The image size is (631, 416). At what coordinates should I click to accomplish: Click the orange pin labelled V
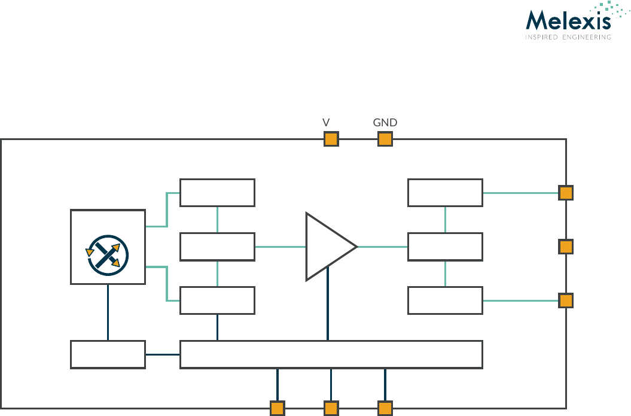(331, 139)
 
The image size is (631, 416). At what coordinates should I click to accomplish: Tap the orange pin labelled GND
(385, 139)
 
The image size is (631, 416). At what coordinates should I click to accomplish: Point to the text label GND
(385, 123)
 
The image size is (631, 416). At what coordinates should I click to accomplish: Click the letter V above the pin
(326, 123)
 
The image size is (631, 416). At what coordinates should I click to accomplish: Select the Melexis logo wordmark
(568, 21)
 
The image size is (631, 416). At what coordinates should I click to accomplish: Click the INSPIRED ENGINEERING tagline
(568, 37)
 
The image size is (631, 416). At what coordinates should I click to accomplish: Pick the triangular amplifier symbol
(328, 247)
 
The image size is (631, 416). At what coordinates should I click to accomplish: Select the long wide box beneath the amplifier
(331, 354)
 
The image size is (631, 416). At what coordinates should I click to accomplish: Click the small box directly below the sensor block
(108, 354)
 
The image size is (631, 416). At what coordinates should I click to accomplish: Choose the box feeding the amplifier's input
(217, 247)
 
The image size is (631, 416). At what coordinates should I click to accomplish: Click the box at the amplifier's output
(445, 247)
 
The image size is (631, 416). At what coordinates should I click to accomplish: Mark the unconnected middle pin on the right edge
(566, 247)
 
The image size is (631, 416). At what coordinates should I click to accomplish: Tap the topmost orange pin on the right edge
(566, 193)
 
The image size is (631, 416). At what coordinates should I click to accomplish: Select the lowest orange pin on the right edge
(566, 300)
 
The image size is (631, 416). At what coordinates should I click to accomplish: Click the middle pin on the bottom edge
(331, 408)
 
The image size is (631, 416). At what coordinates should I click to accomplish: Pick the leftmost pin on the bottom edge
(277, 408)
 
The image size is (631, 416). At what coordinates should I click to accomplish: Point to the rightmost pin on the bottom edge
(385, 408)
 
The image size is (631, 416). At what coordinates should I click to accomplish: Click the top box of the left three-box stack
(217, 192)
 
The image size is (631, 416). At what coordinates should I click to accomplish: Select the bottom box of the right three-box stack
(445, 300)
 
